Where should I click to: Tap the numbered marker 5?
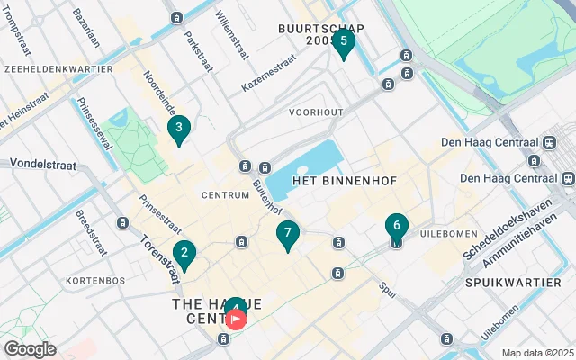(x=343, y=41)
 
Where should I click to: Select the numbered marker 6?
(x=397, y=227)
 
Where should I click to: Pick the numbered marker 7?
(x=287, y=234)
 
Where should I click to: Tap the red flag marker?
(x=236, y=319)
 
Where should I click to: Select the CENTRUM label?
(x=225, y=194)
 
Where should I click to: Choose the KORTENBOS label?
(x=94, y=281)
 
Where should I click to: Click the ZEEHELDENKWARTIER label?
(x=58, y=68)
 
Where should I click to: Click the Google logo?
(x=30, y=349)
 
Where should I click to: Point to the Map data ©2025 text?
(x=536, y=353)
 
